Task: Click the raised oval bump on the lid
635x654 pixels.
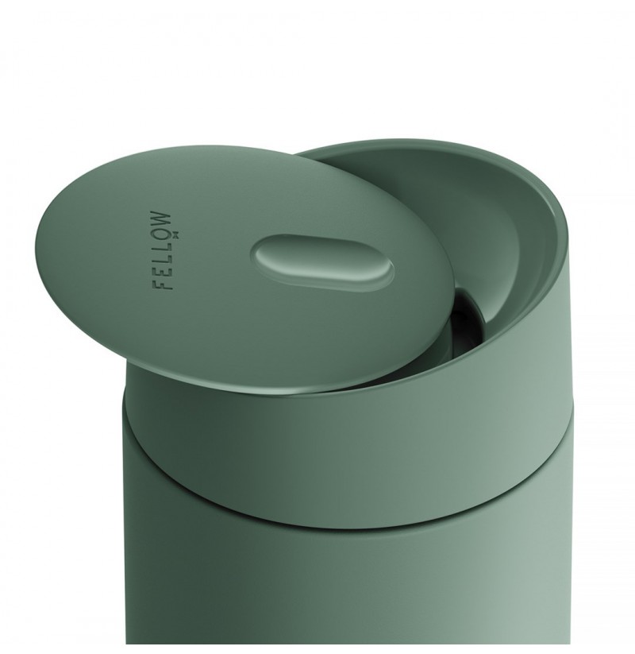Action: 322,261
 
